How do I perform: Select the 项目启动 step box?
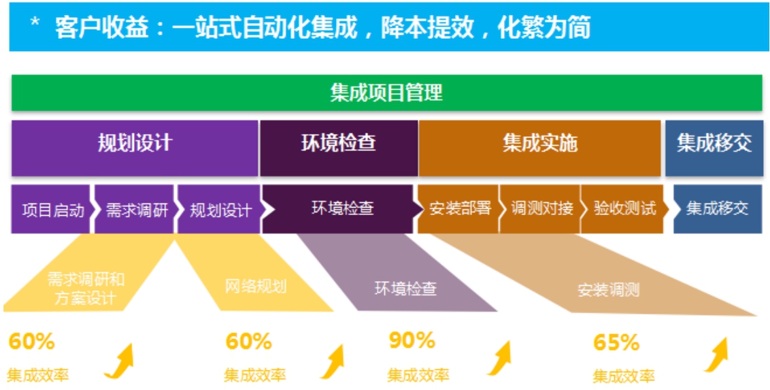(51, 209)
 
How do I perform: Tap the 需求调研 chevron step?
(134, 209)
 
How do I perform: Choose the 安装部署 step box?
(458, 209)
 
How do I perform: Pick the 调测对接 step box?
(540, 209)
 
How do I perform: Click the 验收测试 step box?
(622, 209)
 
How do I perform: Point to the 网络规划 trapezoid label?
(256, 287)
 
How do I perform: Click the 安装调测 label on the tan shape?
(608, 291)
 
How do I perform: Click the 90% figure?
(412, 340)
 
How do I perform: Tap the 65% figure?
(617, 342)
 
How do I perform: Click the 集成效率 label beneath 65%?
(624, 376)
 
